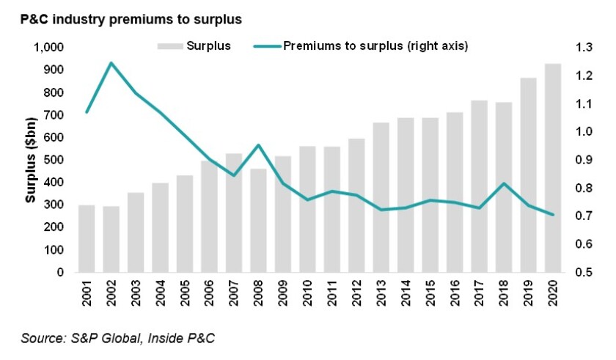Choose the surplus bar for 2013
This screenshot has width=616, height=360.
[381, 197]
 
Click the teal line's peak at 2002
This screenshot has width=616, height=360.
[111, 63]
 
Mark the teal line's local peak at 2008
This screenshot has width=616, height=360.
[258, 144]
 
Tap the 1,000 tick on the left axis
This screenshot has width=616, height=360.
[51, 48]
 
